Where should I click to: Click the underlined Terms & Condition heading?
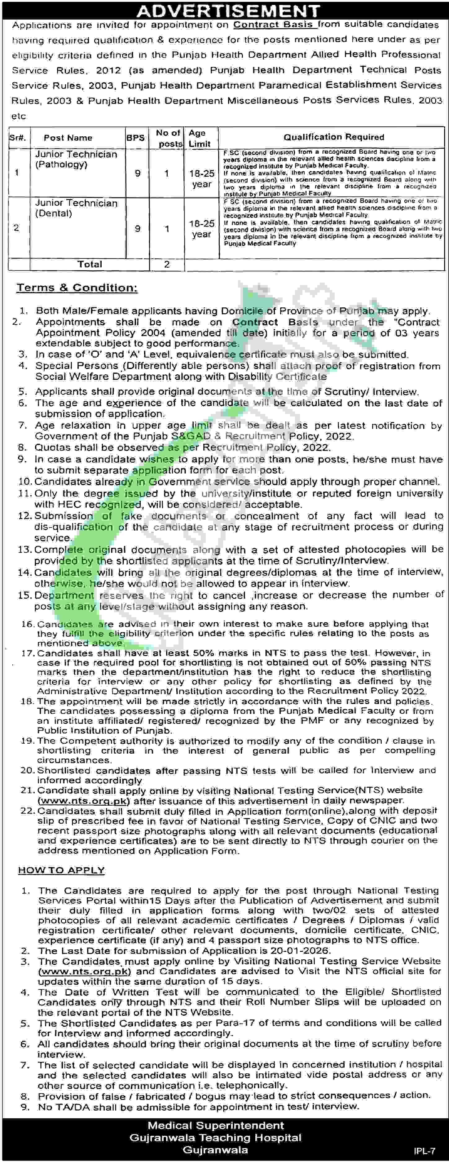point(77,288)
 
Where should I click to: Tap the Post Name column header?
point(68,138)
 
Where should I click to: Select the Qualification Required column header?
point(333,137)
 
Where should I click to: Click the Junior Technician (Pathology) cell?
point(76,159)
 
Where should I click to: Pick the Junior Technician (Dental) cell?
point(76,208)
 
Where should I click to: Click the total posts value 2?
point(166,264)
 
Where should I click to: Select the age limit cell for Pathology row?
point(201,178)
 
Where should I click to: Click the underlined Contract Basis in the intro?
point(273,25)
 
